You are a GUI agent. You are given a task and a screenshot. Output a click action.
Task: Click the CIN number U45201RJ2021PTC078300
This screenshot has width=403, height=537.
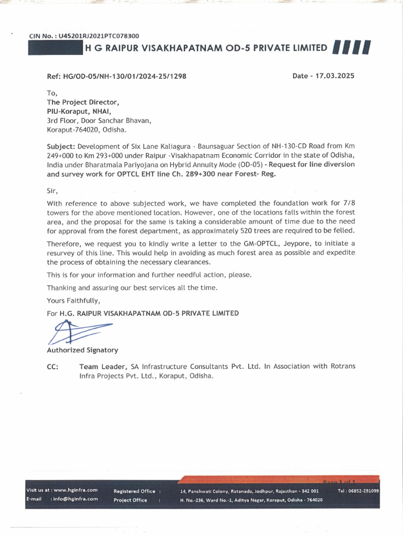100,36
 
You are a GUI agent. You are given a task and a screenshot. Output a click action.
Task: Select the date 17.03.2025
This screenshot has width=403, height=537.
334,76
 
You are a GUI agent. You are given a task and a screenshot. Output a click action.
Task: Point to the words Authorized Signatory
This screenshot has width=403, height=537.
82,350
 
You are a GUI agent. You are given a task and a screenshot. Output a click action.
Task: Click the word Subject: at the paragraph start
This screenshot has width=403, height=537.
61,145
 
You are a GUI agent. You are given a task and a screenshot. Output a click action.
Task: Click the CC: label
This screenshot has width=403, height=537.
52,367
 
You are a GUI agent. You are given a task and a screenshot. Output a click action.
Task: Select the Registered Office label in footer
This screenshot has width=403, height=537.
134,491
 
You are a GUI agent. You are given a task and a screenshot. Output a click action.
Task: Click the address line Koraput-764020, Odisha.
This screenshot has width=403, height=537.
87,130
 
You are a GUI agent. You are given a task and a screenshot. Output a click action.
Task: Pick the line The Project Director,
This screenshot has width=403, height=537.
83,102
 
